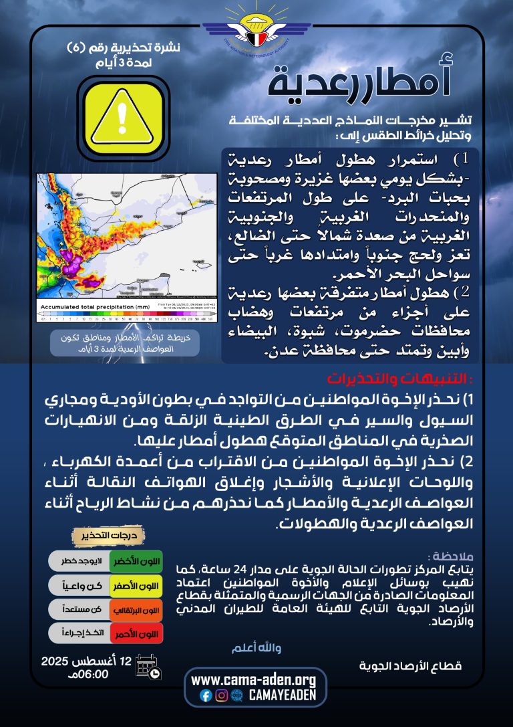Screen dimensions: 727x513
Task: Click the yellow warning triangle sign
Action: coord(122,116)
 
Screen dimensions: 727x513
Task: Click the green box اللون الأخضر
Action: coord(136,560)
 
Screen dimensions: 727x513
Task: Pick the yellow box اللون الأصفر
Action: coord(136,586)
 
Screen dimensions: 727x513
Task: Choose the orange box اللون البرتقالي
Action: coord(136,609)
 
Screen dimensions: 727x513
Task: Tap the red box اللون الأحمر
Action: coord(136,633)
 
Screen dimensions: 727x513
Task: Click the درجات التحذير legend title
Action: coord(108,536)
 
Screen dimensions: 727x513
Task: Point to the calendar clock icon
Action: coord(147,666)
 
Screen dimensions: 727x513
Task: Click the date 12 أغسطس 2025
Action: coord(87,661)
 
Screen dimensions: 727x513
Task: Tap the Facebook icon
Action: coord(206,696)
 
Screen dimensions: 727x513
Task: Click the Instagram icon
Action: coord(221,696)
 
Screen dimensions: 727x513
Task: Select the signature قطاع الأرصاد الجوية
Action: coord(410,666)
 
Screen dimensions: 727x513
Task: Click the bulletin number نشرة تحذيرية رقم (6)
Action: coord(124,48)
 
